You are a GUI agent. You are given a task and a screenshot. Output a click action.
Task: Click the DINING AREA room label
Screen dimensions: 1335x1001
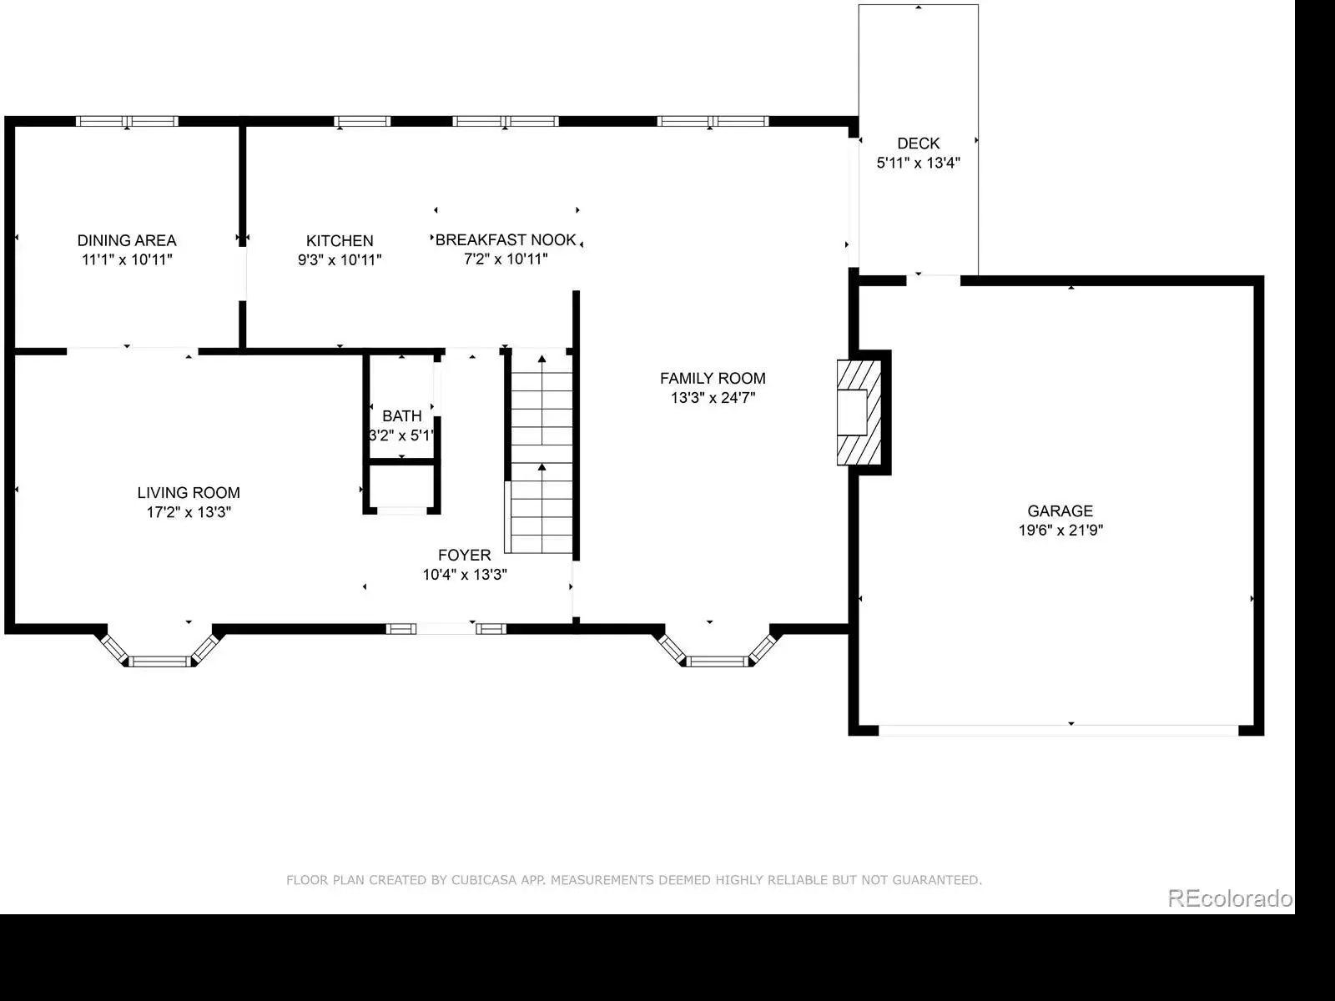coord(127,240)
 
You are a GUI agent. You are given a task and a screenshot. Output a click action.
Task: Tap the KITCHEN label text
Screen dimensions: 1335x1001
coord(340,241)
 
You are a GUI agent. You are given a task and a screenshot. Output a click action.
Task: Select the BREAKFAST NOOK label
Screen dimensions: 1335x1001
coord(506,240)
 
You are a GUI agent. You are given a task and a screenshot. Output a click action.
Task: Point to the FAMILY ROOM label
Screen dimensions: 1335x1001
coord(713,378)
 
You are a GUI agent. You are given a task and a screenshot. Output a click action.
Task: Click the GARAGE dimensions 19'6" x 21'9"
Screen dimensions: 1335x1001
coord(1060,530)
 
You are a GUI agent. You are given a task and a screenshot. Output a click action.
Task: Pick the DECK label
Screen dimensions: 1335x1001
coord(919,143)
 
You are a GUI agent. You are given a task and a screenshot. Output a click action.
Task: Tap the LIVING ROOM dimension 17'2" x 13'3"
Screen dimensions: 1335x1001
coord(189,511)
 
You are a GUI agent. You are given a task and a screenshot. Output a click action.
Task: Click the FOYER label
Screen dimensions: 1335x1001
coord(465,555)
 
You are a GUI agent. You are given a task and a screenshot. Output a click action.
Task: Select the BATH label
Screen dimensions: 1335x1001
coord(401,415)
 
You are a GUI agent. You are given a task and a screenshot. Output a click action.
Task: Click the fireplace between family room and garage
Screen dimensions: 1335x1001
coord(859,413)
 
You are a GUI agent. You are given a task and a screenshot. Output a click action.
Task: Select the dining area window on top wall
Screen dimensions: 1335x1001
coord(127,121)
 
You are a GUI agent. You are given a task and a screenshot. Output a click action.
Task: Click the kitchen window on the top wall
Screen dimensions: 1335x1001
coord(362,121)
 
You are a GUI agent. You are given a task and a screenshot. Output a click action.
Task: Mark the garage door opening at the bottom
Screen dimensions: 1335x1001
coord(1059,731)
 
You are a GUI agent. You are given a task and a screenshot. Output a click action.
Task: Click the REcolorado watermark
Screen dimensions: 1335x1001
coord(1230,898)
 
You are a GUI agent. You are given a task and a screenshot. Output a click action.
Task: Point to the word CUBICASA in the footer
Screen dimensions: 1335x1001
coord(483,880)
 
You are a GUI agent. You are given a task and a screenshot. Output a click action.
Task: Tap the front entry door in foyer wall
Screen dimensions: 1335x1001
coord(446,629)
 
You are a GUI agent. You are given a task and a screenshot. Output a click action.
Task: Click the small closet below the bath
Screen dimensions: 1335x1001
coord(401,488)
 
